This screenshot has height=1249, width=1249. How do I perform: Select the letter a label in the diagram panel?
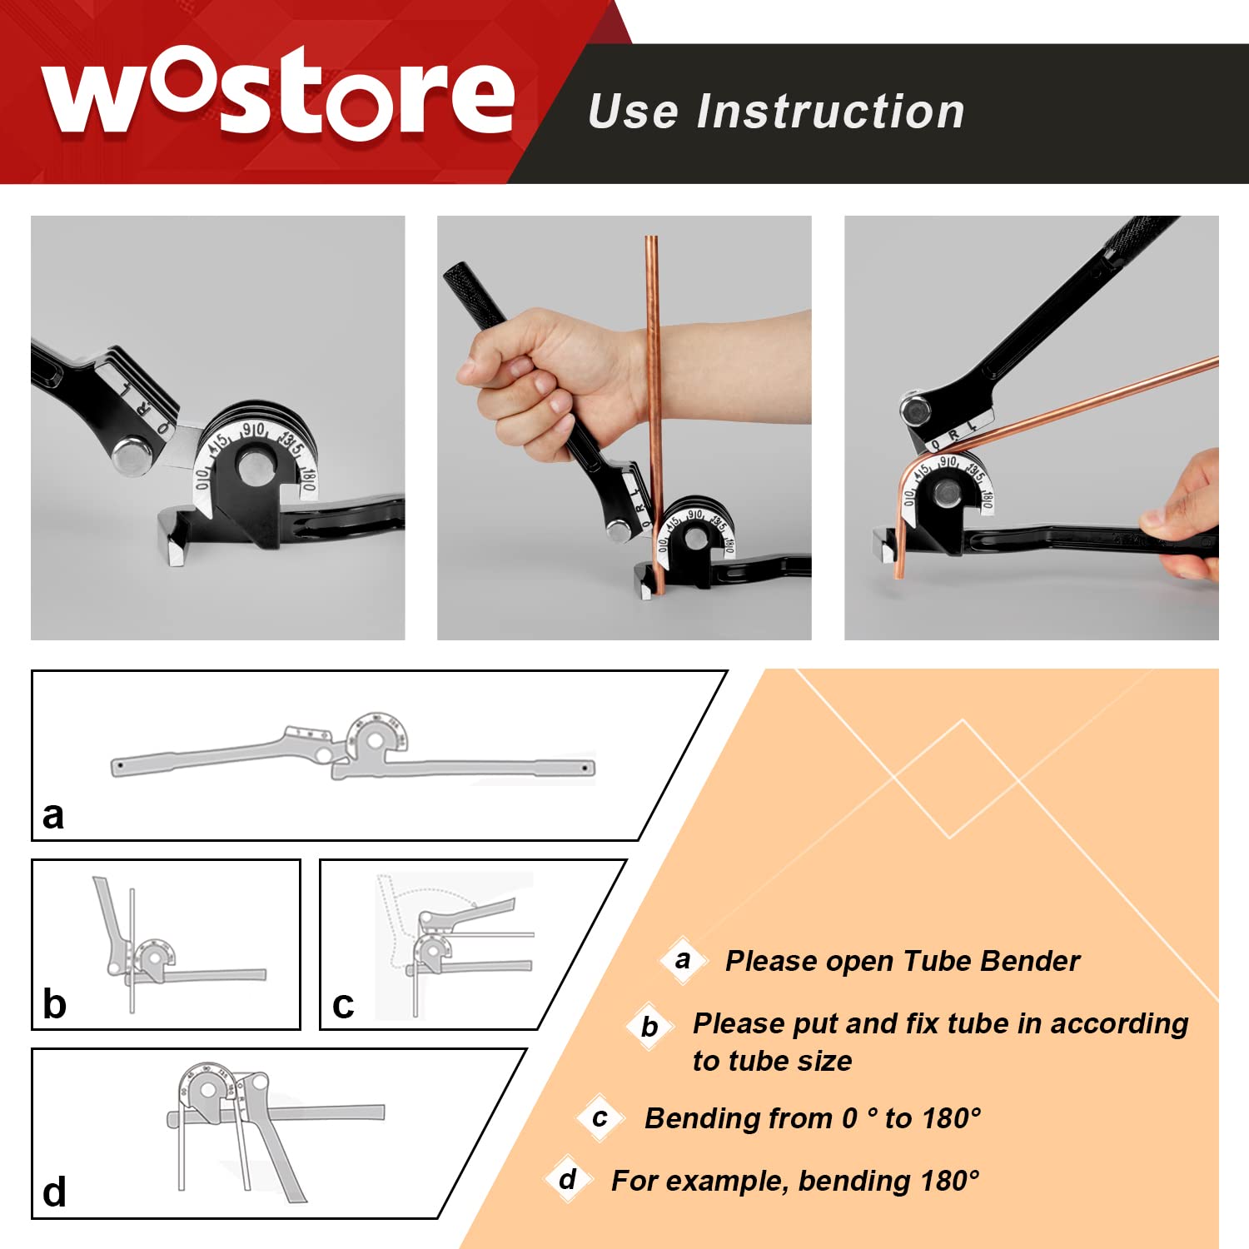(x=53, y=816)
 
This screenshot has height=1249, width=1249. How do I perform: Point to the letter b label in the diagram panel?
(x=54, y=1003)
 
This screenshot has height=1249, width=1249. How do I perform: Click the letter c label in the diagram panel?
(x=343, y=1006)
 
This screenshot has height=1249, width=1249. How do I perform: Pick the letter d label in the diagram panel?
(x=54, y=1192)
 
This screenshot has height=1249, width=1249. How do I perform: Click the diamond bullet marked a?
(x=684, y=961)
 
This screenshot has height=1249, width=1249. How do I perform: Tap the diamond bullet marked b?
(x=649, y=1027)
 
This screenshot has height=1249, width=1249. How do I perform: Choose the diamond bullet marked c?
(x=600, y=1118)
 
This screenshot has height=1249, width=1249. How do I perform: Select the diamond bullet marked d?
(x=568, y=1180)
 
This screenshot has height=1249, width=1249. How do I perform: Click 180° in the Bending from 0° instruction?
(x=951, y=1118)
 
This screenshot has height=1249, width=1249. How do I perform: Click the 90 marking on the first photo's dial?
(x=253, y=430)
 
